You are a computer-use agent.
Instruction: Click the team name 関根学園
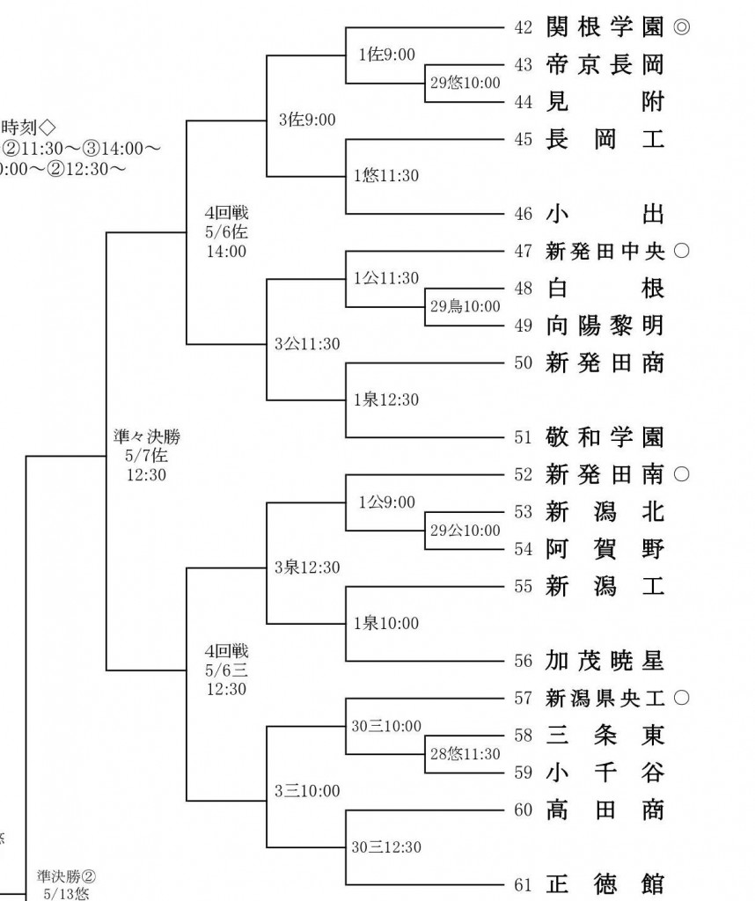605,27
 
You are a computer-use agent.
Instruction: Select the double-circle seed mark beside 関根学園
681,27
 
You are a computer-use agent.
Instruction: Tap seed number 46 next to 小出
523,215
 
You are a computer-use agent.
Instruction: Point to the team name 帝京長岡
605,64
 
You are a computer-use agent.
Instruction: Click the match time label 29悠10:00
465,83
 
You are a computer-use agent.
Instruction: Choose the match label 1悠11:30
386,175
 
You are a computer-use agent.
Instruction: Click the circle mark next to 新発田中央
681,251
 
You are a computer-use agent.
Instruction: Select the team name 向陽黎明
605,326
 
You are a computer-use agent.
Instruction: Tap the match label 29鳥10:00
465,306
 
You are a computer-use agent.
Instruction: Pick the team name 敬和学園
605,437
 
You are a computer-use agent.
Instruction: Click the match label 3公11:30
307,344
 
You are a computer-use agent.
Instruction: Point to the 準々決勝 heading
147,436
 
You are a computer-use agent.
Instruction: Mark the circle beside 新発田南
681,474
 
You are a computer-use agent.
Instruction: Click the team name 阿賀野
605,549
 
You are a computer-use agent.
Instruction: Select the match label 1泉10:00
386,623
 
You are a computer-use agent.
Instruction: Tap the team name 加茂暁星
605,661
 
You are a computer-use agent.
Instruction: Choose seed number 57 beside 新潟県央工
523,698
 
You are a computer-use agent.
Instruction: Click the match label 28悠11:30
465,753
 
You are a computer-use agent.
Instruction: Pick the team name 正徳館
605,883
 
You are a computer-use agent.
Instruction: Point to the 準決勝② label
67,876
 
